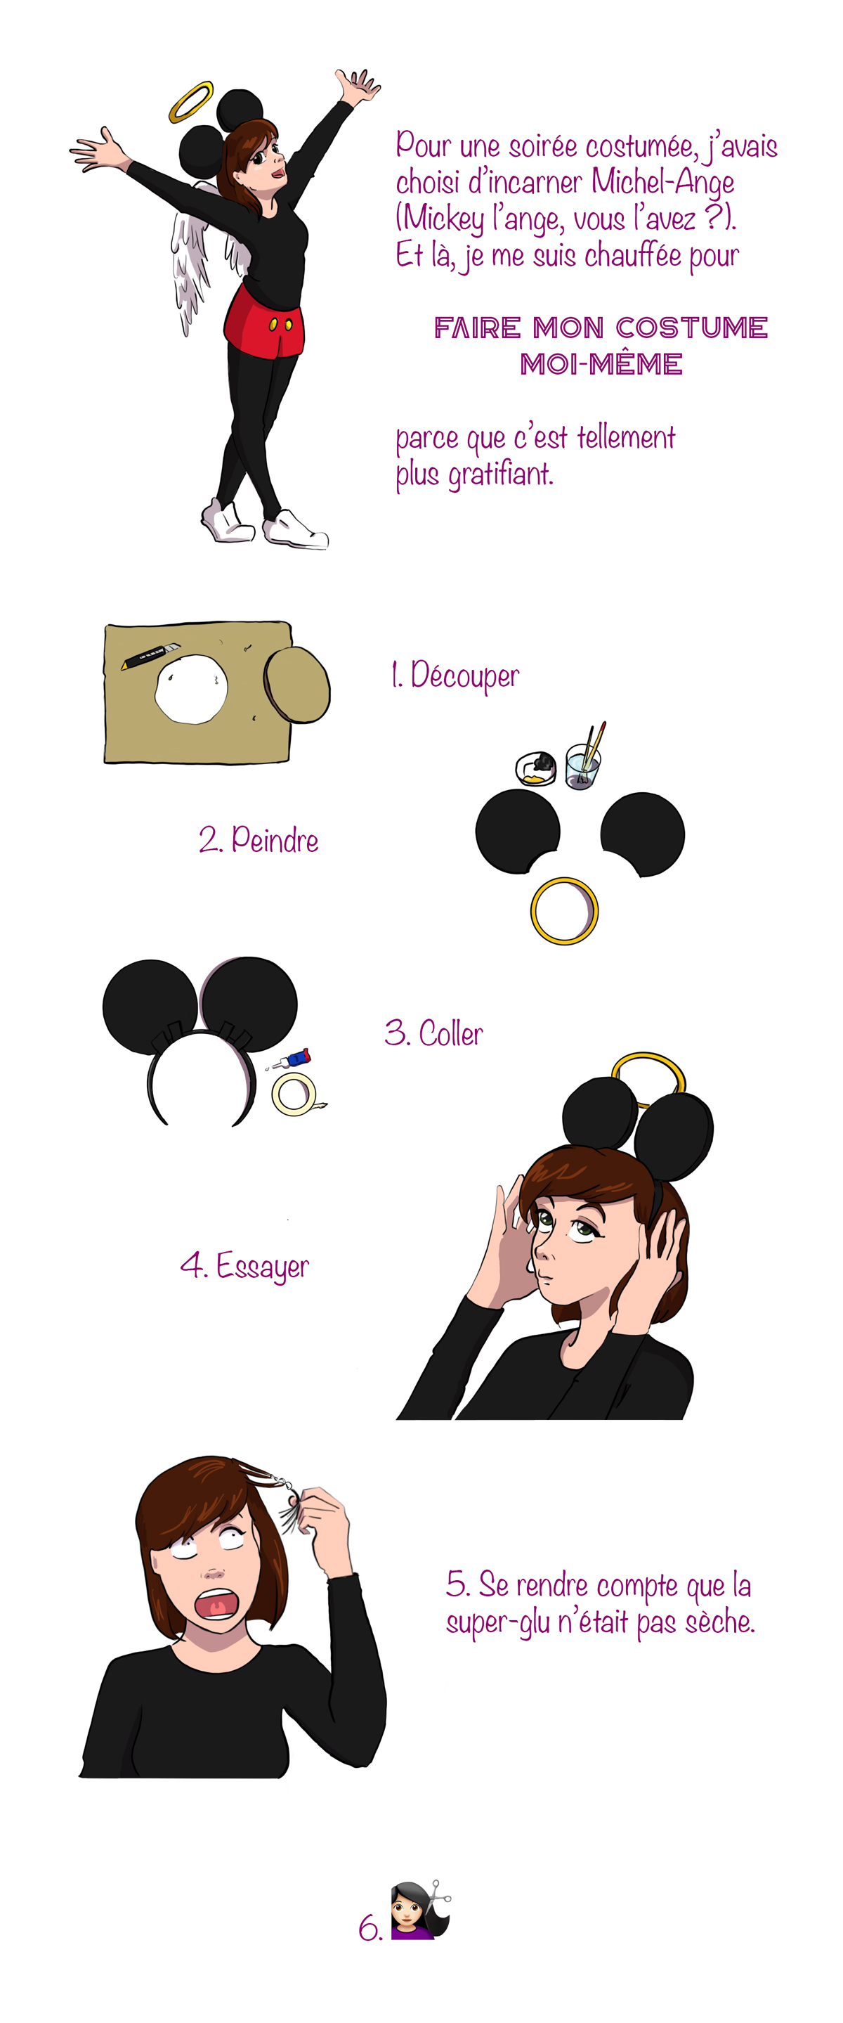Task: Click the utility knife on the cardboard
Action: pos(150,655)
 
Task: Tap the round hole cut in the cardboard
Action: pos(191,689)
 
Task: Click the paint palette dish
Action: pos(535,768)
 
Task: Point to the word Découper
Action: pos(464,676)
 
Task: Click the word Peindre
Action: pos(275,839)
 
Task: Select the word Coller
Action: pos(450,1033)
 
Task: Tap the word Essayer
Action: pos(262,1267)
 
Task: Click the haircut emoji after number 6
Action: pos(421,1910)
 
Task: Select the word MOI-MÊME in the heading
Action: pos(601,363)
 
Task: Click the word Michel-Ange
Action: pos(662,181)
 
